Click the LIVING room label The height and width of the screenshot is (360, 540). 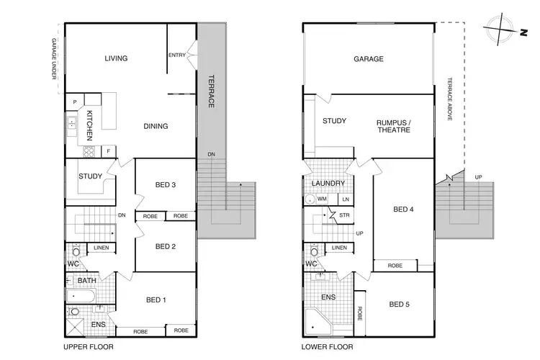click(115, 59)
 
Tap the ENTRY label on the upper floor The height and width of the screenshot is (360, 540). click(176, 55)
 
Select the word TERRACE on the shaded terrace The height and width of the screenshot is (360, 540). click(212, 91)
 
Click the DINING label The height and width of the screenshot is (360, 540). click(156, 126)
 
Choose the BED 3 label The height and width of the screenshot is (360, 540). click(165, 185)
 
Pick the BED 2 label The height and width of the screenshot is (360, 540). click(165, 246)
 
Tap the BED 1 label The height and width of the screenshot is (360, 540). click(158, 300)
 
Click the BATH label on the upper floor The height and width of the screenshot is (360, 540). click(87, 281)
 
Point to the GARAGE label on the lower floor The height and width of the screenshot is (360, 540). click(369, 59)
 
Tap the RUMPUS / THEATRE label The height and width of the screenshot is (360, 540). click(393, 127)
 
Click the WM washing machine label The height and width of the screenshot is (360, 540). click(322, 199)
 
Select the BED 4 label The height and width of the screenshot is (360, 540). click(403, 210)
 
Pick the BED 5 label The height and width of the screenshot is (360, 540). click(400, 304)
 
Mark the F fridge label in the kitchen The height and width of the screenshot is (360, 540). click(108, 151)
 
